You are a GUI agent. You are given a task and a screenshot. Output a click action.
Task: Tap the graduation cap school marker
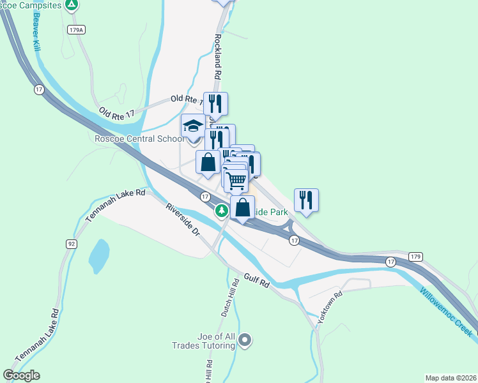pos(193,125)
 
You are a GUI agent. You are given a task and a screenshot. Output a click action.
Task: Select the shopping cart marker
pos(236,181)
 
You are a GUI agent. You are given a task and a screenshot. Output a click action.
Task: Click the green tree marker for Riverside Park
pos(222,210)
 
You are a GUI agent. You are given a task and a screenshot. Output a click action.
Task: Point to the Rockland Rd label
pos(218,56)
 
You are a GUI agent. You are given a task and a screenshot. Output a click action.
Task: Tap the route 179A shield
pos(75,29)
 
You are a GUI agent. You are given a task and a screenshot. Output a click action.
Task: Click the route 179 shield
pos(416,257)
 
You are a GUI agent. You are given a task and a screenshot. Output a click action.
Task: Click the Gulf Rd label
pos(257,282)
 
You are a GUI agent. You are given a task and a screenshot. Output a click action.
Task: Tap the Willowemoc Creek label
pos(447,311)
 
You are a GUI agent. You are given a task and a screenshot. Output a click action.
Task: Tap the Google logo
pos(21,375)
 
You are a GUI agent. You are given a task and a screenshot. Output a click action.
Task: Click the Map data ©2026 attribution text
pos(451,377)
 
